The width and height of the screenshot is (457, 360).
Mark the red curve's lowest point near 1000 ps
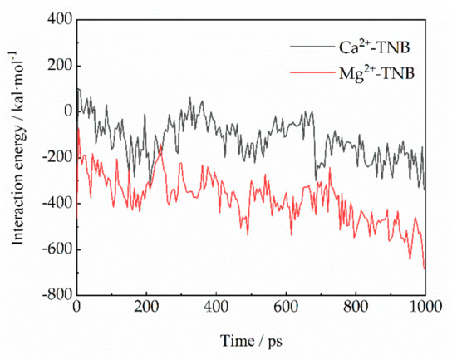tap(424, 268)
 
